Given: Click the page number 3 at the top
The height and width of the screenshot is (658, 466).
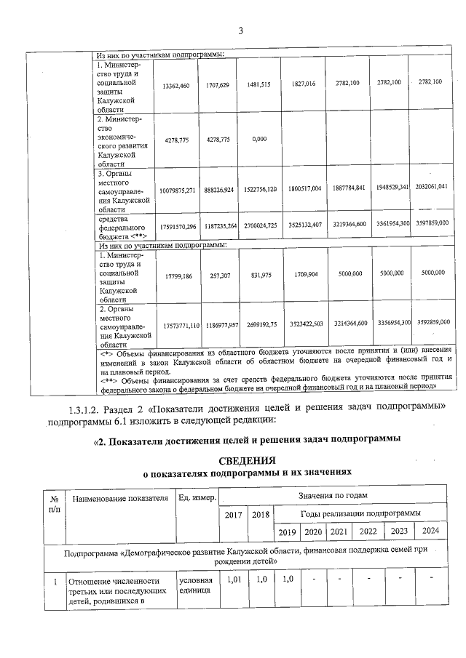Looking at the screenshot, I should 240,30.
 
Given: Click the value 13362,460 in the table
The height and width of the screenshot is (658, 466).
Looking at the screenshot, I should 175,85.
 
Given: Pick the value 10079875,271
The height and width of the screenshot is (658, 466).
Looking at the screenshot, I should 175,188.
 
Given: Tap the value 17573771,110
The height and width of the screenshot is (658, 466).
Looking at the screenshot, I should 175,322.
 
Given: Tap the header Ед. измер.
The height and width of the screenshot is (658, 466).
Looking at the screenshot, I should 196,498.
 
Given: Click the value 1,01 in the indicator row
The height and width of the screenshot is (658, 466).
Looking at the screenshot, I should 233,580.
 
